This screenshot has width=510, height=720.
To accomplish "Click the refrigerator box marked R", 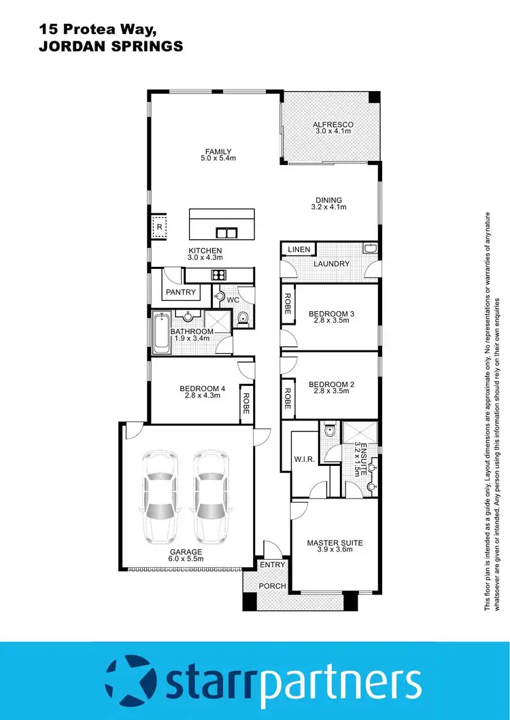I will coord(159,227).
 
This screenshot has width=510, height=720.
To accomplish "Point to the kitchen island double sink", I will coord(226,233).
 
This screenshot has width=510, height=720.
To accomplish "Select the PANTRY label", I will coord(181,292).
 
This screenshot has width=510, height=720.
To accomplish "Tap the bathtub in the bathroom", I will coord(161,333).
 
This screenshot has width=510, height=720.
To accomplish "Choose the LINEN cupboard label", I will coord(299,250).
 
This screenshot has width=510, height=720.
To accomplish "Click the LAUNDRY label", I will coord(331,264).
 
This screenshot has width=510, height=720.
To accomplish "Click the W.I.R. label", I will coord(303,458).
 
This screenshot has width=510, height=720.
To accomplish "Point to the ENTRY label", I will coord(273,564).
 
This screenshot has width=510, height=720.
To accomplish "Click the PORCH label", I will coord(273,586).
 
